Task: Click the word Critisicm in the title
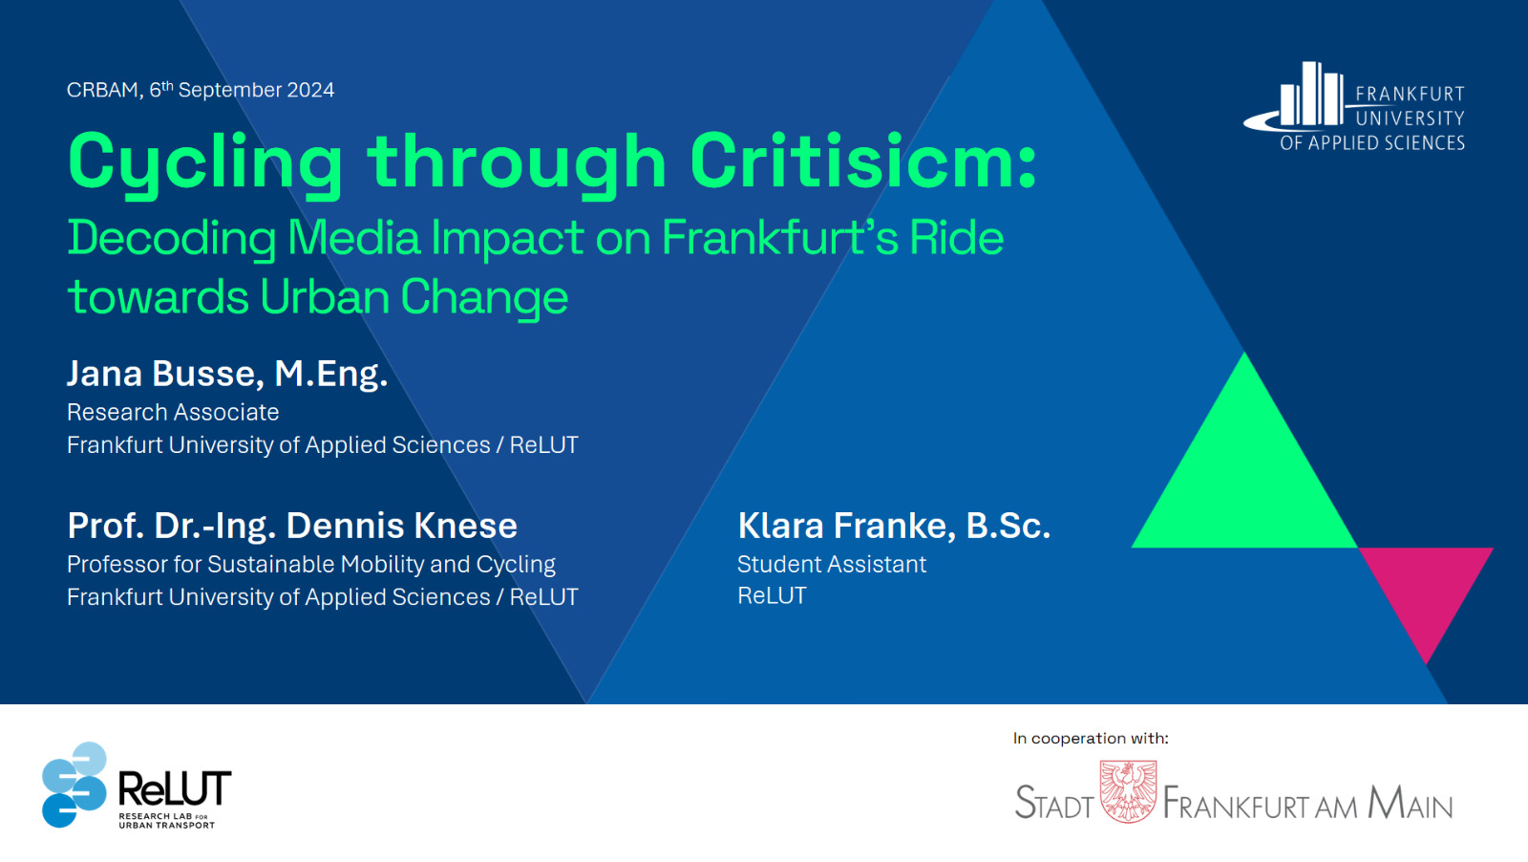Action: pos(863,162)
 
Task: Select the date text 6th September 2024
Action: pos(243,90)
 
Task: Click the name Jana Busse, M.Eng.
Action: pos(227,374)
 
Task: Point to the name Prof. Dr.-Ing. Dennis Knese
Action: pos(292,525)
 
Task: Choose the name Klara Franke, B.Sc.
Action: pos(894,526)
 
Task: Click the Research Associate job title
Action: pos(173,412)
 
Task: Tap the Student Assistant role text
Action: pos(832,565)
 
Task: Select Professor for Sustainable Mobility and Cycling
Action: pos(311,565)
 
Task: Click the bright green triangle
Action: pos(1244,478)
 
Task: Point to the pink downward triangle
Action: pos(1426,587)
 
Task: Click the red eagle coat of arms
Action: pos(1128,791)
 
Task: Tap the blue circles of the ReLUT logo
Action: pos(74,785)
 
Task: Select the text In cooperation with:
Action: pos(1091,738)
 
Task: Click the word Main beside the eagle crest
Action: pos(1410,803)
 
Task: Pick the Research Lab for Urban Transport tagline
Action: pos(167,820)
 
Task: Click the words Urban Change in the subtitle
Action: pos(414,297)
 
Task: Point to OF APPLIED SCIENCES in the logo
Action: pos(1372,142)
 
